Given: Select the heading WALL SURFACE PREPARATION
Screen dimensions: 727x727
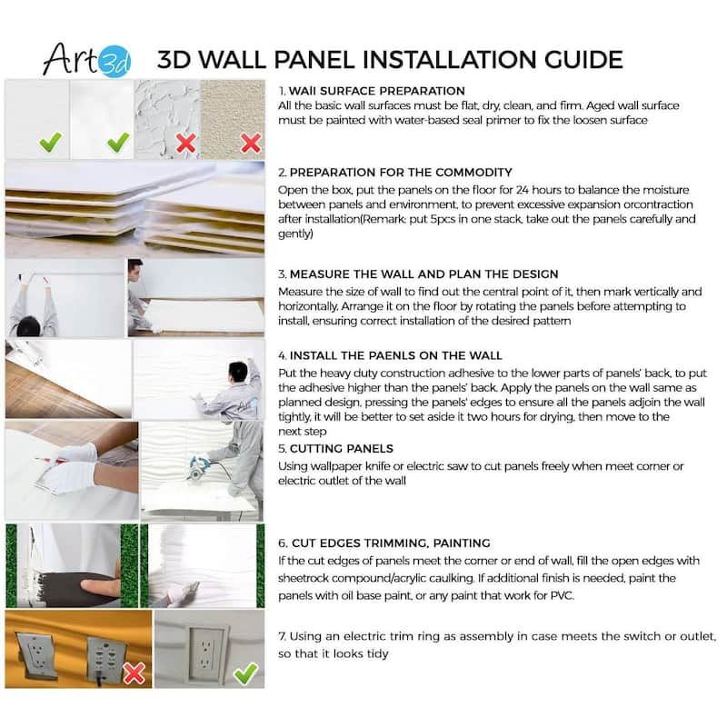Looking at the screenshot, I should click(x=376, y=91).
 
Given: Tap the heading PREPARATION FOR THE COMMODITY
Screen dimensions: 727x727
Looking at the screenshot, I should click(x=401, y=173).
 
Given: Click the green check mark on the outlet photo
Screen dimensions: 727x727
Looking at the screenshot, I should click(x=244, y=672).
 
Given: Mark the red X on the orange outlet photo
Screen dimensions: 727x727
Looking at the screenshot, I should click(x=134, y=673).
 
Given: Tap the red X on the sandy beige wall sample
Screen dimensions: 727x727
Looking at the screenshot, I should click(x=250, y=143).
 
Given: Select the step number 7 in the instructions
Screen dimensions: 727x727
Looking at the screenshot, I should click(x=282, y=635).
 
